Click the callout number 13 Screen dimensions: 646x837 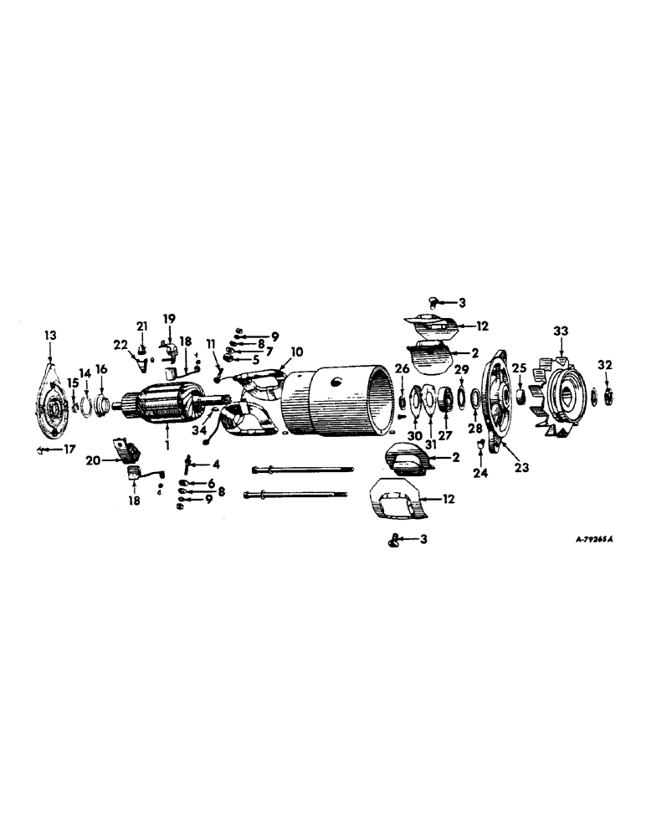[x=52, y=335]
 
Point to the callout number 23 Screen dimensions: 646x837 [x=522, y=469]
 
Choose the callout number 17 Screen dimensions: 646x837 [x=69, y=449]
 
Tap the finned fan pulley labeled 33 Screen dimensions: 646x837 [x=561, y=393]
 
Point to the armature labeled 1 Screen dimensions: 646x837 [x=163, y=405]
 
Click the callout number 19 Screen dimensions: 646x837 [x=169, y=318]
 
